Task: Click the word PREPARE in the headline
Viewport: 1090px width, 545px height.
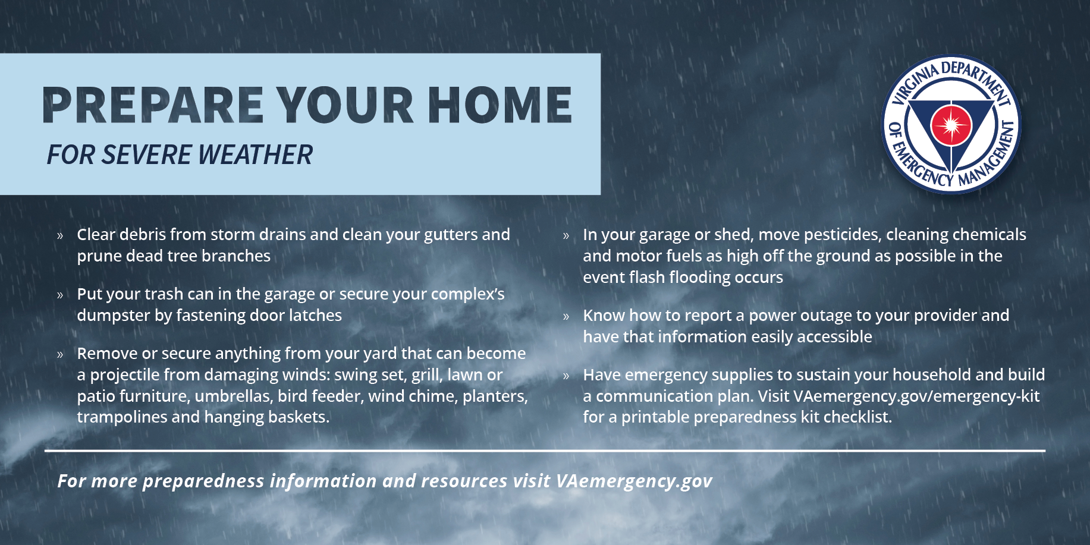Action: point(153,105)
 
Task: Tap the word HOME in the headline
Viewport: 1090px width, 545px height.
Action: point(500,105)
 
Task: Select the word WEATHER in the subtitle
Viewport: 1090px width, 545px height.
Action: point(255,155)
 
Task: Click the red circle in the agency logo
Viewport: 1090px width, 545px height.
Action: point(951,125)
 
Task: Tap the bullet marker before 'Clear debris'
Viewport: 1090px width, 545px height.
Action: point(60,235)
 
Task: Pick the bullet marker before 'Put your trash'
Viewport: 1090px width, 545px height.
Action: point(60,295)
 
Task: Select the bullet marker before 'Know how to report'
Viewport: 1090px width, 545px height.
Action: point(566,316)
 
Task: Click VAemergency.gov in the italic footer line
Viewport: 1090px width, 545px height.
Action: point(634,481)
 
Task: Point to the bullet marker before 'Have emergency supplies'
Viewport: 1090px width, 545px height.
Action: point(566,376)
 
